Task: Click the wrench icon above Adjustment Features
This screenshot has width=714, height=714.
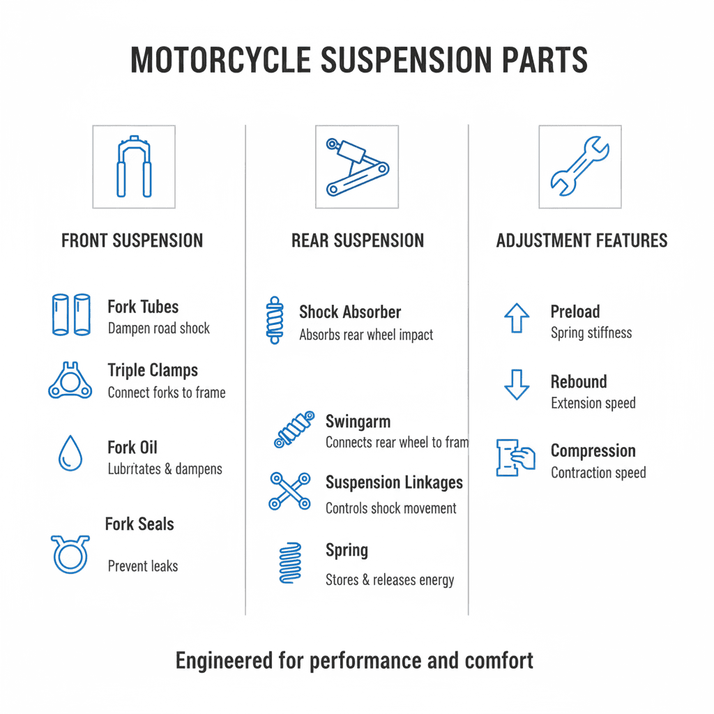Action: (579, 167)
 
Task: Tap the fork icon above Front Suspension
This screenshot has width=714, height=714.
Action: (134, 167)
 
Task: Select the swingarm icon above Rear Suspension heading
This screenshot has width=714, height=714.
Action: (356, 167)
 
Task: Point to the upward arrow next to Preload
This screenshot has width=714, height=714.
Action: (517, 319)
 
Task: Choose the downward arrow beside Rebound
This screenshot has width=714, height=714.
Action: (517, 385)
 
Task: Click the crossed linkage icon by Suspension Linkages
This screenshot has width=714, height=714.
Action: (289, 491)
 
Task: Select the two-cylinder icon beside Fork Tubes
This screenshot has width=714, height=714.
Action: (71, 314)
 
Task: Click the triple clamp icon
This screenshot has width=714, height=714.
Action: (70, 381)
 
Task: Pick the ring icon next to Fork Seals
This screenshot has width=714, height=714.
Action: (70, 554)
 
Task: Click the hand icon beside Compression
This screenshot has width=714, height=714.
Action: (515, 457)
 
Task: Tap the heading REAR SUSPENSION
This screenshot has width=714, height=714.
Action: (357, 241)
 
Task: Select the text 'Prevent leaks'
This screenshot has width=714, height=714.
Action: (142, 566)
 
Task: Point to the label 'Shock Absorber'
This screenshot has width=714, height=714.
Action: (350, 312)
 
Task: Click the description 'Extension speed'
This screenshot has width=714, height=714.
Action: (593, 403)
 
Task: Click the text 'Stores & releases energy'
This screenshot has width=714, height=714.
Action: (389, 579)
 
